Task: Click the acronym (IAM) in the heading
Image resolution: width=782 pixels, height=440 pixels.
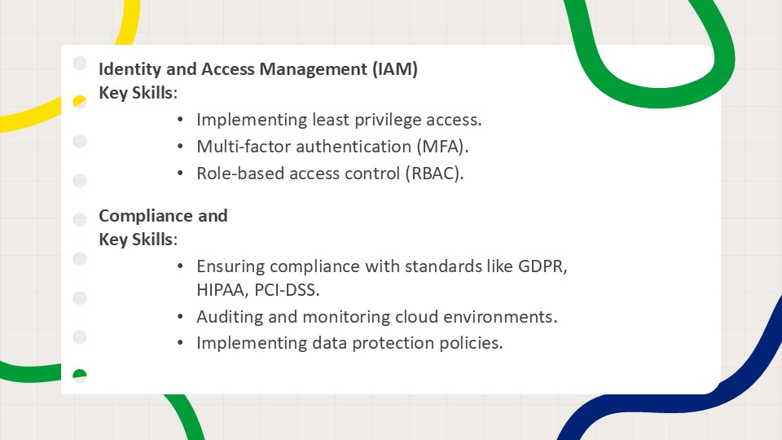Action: [x=395, y=68]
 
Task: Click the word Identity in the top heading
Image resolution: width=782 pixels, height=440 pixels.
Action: [x=130, y=69]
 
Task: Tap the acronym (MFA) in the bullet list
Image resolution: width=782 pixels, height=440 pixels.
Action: [x=442, y=147]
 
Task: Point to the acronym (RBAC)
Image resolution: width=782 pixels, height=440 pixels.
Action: [x=434, y=174]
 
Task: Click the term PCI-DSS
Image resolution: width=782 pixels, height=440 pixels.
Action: [x=287, y=290]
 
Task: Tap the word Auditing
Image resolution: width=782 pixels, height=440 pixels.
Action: [x=230, y=317]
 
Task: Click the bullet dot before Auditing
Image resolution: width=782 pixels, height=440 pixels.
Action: [x=180, y=316]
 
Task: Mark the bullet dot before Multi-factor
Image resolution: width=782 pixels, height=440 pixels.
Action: [x=180, y=146]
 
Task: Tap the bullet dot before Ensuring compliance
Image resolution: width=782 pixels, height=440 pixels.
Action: [x=180, y=266]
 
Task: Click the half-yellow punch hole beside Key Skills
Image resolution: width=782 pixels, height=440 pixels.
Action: [x=80, y=101]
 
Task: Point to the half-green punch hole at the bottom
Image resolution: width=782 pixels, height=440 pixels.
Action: [x=80, y=376]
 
